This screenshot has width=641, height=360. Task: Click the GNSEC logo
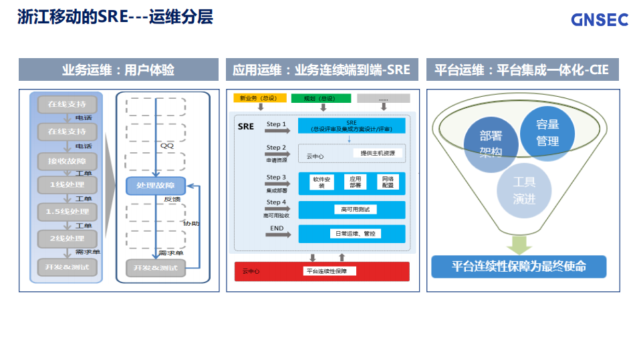(600, 19)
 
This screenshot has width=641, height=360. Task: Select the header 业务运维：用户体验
(118, 69)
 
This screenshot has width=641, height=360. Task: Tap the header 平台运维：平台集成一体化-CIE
(522, 69)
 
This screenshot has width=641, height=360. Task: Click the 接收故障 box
(67, 161)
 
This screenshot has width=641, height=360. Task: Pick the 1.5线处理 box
(67, 212)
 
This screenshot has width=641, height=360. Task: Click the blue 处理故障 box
(155, 185)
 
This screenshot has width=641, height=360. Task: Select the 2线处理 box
(67, 238)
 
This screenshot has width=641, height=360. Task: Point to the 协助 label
(191, 223)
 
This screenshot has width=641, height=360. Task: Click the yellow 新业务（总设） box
(260, 98)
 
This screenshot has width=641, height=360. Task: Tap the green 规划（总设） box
(320, 98)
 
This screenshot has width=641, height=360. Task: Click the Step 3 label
(276, 178)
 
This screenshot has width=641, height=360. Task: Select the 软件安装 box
(322, 182)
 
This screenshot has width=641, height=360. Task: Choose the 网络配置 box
(387, 182)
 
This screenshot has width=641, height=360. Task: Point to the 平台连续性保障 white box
(330, 271)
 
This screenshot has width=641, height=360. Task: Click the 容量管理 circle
(547, 133)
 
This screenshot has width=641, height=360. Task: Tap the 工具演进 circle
(524, 190)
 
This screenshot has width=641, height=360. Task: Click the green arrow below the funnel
(519, 244)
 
